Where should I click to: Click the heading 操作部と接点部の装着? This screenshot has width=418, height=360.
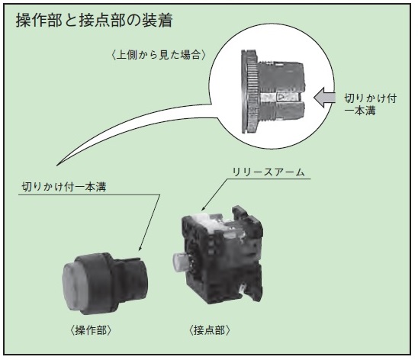(x=94, y=21)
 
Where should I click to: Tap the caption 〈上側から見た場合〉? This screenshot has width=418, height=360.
(x=159, y=55)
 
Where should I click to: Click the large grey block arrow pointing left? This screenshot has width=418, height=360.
(x=324, y=98)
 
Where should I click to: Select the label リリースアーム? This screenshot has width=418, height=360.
(x=268, y=172)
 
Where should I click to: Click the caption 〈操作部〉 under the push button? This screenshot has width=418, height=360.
(x=91, y=330)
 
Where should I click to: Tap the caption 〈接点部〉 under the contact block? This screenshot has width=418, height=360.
(x=209, y=330)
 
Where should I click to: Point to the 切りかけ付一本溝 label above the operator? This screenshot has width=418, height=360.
(x=64, y=187)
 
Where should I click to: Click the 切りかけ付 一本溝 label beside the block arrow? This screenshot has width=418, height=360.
(x=370, y=104)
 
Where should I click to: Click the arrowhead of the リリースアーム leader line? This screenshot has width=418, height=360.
(x=203, y=209)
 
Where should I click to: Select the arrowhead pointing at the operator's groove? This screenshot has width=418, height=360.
(x=139, y=248)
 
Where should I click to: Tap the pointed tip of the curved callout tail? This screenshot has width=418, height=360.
(x=57, y=166)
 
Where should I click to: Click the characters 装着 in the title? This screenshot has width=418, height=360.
(x=157, y=21)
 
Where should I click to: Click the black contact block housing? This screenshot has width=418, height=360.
(x=222, y=255)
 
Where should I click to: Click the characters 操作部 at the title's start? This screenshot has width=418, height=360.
(x=39, y=21)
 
